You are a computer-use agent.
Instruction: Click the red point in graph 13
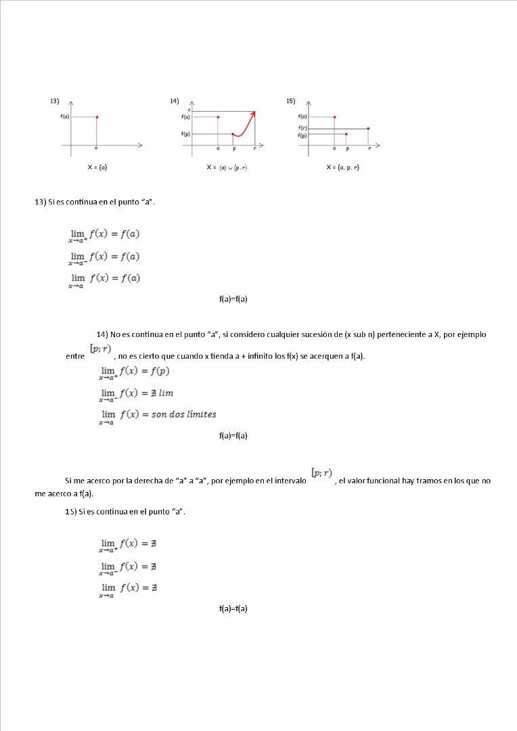tap(97, 117)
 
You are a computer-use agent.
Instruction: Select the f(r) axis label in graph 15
tap(302, 128)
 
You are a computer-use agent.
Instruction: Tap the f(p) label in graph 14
tap(185, 134)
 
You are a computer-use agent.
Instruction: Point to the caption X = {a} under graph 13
tap(97, 167)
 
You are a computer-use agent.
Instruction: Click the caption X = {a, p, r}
tap(342, 167)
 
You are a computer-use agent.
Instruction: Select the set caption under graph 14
tap(227, 167)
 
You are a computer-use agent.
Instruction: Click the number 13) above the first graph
tap(54, 101)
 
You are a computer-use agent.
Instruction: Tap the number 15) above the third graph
tap(290, 101)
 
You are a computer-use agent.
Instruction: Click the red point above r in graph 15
tap(369, 128)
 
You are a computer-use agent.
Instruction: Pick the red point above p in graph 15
tap(346, 134)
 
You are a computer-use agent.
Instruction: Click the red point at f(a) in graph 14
tap(218, 117)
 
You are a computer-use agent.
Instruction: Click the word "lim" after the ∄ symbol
tap(166, 393)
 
